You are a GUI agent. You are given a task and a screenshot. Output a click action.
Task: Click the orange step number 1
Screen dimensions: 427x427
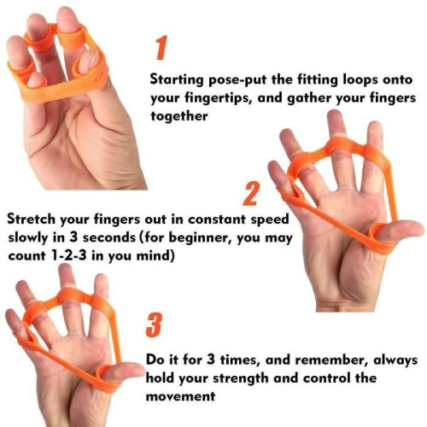tap(161, 48)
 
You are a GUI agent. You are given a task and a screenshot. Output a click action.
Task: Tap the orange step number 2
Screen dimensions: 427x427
tap(251, 194)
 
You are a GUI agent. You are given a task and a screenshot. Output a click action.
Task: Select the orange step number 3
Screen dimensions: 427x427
tap(155, 325)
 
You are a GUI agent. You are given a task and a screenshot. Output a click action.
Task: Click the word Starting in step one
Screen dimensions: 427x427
tap(177, 79)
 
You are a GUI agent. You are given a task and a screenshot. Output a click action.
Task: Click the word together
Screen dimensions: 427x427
tap(179, 116)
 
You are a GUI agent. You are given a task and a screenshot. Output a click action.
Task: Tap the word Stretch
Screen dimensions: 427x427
tap(31, 219)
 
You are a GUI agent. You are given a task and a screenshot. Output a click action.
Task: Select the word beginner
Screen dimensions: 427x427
tap(200, 237)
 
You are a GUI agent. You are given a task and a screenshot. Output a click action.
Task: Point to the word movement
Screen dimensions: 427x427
tap(180, 396)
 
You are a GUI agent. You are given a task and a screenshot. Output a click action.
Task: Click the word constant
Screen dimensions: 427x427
tap(217, 219)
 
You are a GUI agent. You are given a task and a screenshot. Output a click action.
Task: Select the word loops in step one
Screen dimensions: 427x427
tap(360, 80)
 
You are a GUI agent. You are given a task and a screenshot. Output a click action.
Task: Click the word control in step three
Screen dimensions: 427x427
tap(326, 378)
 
